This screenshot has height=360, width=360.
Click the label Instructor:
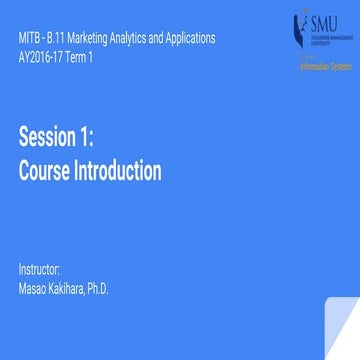(40, 270)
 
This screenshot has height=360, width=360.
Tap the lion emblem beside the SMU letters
(299, 26)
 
